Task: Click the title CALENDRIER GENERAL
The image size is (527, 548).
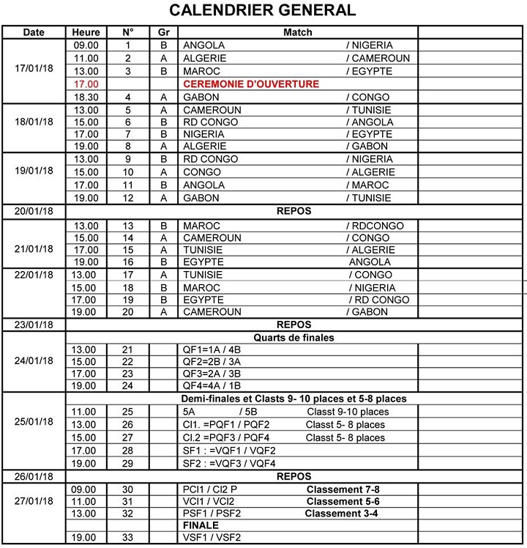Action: point(263,10)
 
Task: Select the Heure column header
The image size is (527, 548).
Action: point(86,32)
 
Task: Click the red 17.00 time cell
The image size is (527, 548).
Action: point(86,84)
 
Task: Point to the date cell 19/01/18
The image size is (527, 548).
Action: point(34,171)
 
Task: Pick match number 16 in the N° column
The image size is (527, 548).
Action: point(128,262)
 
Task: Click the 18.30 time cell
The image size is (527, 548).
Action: point(86,97)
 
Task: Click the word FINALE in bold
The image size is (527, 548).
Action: point(201,525)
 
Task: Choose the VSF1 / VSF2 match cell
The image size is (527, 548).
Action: point(213,538)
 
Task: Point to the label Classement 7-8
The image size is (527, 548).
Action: point(343,489)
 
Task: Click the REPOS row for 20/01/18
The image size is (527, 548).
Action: point(294,211)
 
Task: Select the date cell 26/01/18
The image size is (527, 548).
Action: point(34,476)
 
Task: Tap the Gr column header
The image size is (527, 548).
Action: point(163,32)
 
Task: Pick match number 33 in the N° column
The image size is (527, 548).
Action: point(128,538)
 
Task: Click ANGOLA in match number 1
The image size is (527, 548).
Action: point(203,45)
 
